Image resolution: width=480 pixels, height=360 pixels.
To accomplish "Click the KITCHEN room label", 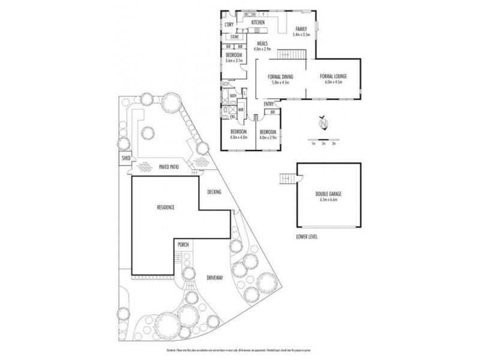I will [259, 23].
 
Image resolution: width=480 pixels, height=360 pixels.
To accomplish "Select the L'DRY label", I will [228, 25].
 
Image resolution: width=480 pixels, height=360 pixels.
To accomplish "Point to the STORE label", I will [234, 37].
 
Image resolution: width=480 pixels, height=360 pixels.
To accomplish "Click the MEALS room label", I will [262, 44].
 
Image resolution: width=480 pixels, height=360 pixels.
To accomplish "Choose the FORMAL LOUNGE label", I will [334, 77].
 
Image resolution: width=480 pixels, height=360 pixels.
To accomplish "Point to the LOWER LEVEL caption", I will [307, 237].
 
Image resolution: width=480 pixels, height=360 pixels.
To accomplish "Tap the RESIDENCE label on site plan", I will [166, 208].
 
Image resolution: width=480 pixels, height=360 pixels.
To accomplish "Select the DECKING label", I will [214, 192].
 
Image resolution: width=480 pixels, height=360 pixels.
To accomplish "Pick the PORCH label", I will [184, 245].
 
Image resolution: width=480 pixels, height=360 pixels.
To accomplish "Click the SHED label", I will [126, 158].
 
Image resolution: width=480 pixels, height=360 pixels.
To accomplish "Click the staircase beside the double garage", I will [289, 179].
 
